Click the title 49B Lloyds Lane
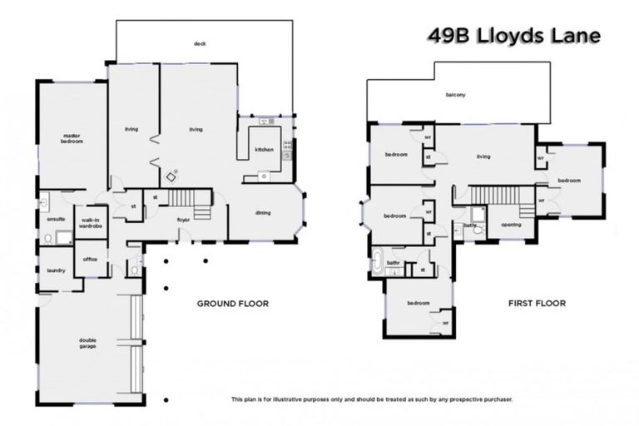click(513, 36)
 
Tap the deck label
click(200, 43)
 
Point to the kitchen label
click(264, 149)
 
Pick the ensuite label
click(55, 220)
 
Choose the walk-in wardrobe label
click(90, 223)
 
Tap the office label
click(90, 259)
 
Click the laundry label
click(57, 270)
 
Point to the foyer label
click(184, 220)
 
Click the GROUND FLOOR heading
click(232, 304)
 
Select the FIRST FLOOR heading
click(537, 304)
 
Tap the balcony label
click(455, 95)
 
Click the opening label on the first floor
click(511, 225)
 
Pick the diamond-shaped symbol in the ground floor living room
click(172, 176)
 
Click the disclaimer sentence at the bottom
click(372, 400)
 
